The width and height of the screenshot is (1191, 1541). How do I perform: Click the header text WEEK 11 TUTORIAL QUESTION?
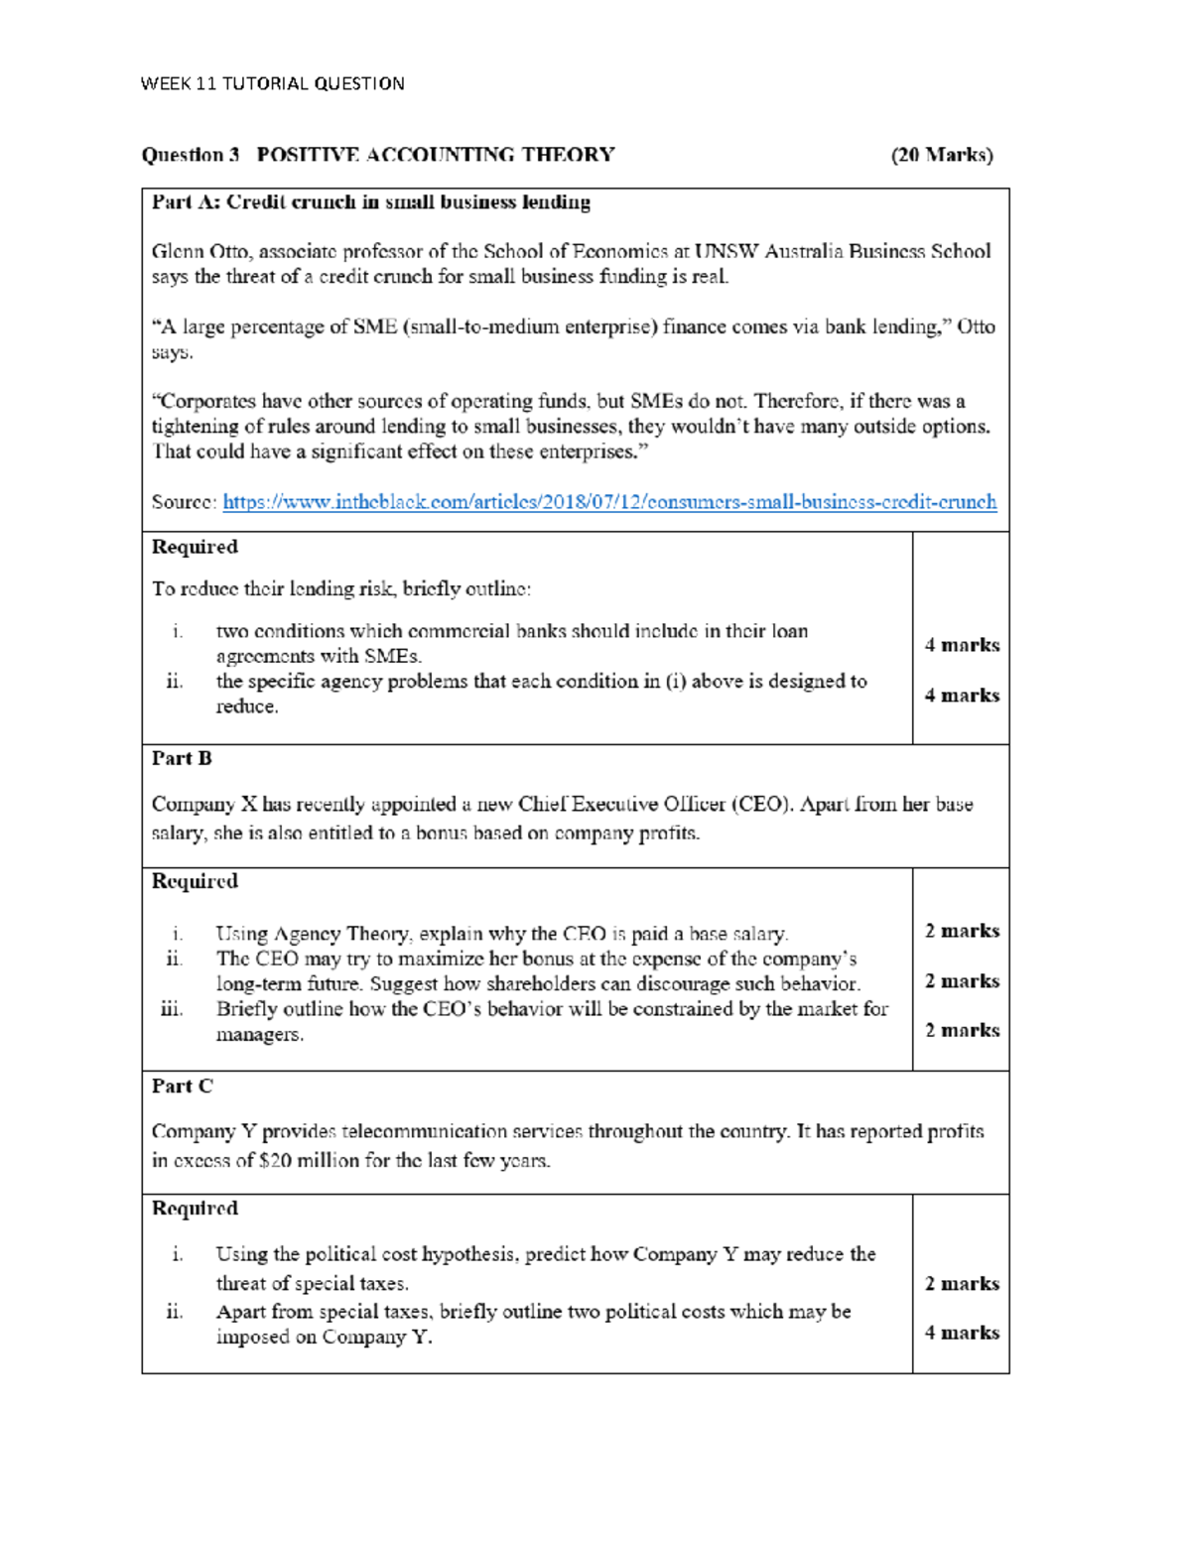click(272, 83)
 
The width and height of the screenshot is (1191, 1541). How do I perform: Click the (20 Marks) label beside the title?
click(941, 155)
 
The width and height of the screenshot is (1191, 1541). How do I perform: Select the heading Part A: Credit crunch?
click(370, 202)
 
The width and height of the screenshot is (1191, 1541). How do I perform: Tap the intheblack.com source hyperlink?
click(608, 502)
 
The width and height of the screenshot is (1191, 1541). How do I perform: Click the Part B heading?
click(182, 758)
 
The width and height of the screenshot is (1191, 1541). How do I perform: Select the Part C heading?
click(182, 1086)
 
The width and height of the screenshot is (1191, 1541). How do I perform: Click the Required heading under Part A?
click(195, 547)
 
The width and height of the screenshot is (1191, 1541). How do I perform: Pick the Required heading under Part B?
click(195, 881)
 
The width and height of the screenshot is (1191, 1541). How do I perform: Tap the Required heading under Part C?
click(195, 1209)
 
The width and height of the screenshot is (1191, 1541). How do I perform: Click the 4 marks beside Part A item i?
click(961, 645)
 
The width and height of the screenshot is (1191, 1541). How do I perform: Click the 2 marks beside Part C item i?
click(961, 1283)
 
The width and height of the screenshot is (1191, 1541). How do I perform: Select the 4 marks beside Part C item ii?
click(961, 1333)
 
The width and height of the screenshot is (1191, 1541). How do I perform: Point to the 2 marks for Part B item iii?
click(961, 1030)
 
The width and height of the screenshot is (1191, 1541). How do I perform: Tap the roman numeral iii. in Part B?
click(172, 1009)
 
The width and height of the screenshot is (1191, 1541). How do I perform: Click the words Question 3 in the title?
click(191, 155)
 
